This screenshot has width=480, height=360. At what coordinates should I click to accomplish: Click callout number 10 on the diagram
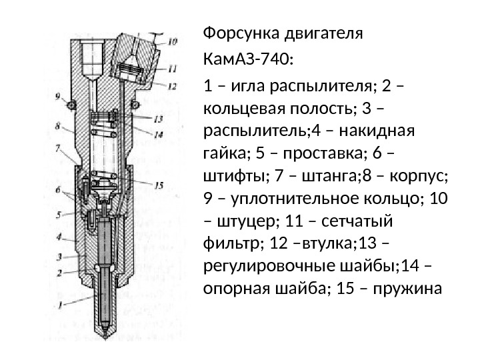[173, 41]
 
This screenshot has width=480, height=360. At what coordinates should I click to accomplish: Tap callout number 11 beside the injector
[173, 68]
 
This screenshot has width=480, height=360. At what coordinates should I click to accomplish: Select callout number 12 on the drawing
[172, 85]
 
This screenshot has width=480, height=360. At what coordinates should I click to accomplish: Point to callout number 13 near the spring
[158, 119]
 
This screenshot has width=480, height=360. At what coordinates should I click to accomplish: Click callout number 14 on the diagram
[159, 135]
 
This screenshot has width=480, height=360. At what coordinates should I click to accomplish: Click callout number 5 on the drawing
[59, 215]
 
